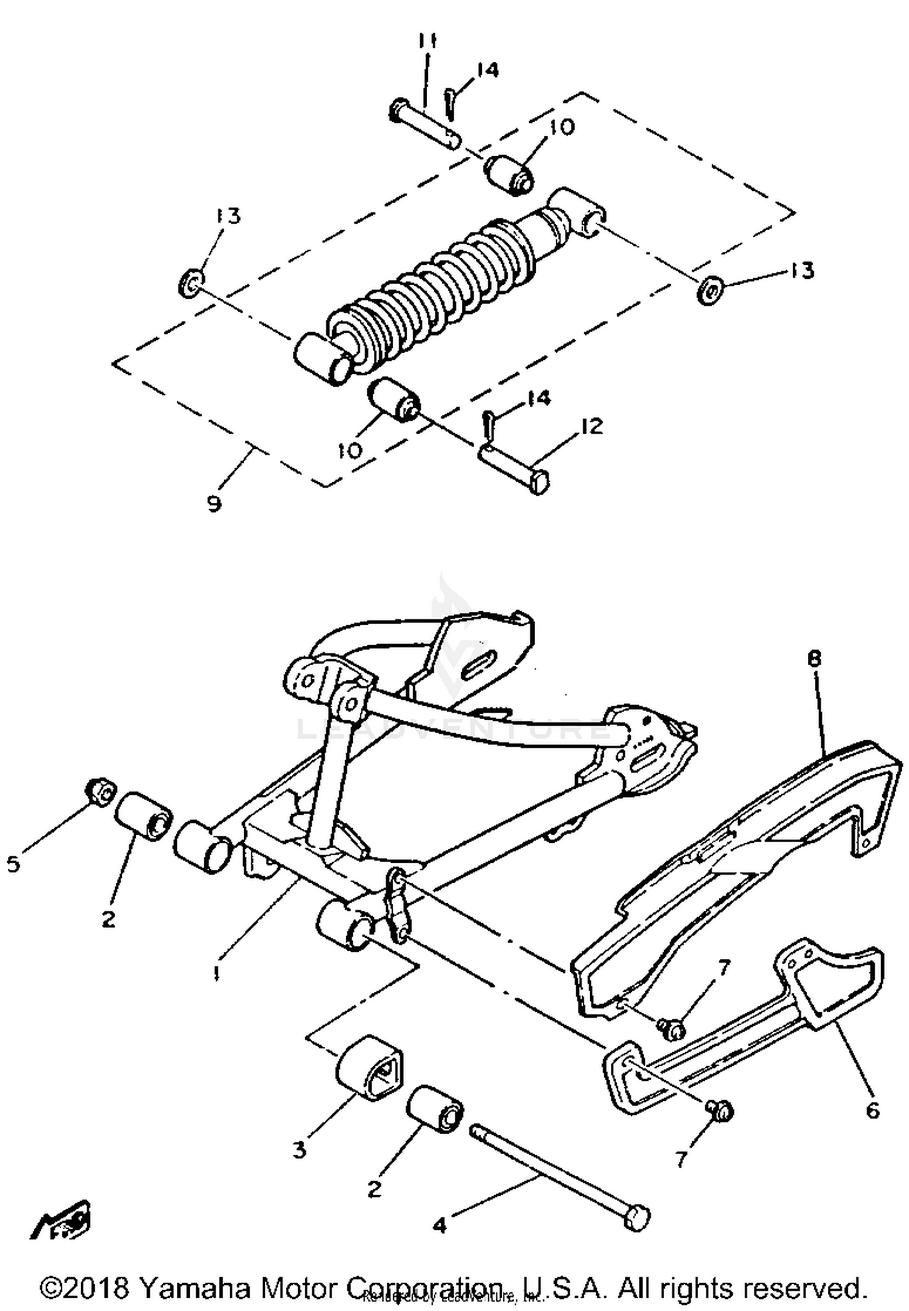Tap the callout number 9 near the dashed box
(x=214, y=503)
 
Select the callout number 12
(x=591, y=426)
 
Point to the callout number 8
(x=814, y=659)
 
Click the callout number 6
(x=872, y=1110)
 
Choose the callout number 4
(x=439, y=1226)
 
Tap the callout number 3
(x=300, y=1149)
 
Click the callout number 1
(x=215, y=974)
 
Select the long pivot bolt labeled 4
(x=558, y=1176)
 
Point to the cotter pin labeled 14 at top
(x=449, y=102)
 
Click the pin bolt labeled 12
(x=515, y=469)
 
